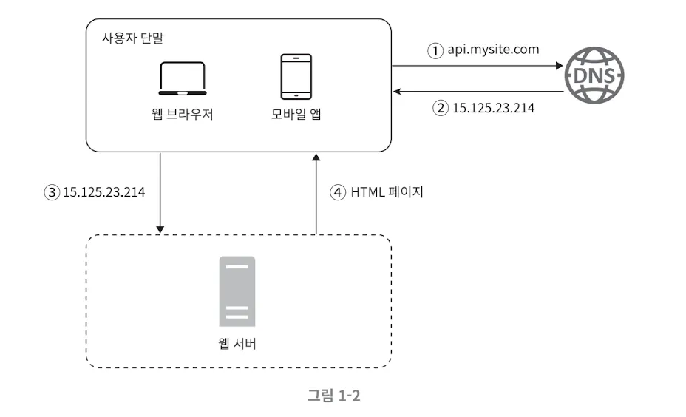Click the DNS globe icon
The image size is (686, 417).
point(594,75)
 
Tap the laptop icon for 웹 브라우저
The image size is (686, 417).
point(183,79)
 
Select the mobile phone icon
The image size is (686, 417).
point(296,77)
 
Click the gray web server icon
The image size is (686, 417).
point(237,291)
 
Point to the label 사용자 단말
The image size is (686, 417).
point(132,38)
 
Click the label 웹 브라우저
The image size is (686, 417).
point(183,114)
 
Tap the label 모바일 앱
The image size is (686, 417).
point(296,114)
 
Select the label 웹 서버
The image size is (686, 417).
point(237,344)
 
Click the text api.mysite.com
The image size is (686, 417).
point(493,50)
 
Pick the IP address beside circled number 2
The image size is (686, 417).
point(493,108)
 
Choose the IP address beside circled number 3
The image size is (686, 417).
point(103,192)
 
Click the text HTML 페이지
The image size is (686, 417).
point(387,192)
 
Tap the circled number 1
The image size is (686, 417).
point(435,51)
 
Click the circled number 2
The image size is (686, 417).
point(441,108)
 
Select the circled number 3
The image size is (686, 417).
point(52,192)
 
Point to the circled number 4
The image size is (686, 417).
point(338,192)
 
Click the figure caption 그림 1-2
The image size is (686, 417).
point(334,396)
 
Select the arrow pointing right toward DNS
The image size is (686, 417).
point(478,66)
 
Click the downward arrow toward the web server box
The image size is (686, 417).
point(160,193)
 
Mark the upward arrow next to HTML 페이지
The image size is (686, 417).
point(316,194)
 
